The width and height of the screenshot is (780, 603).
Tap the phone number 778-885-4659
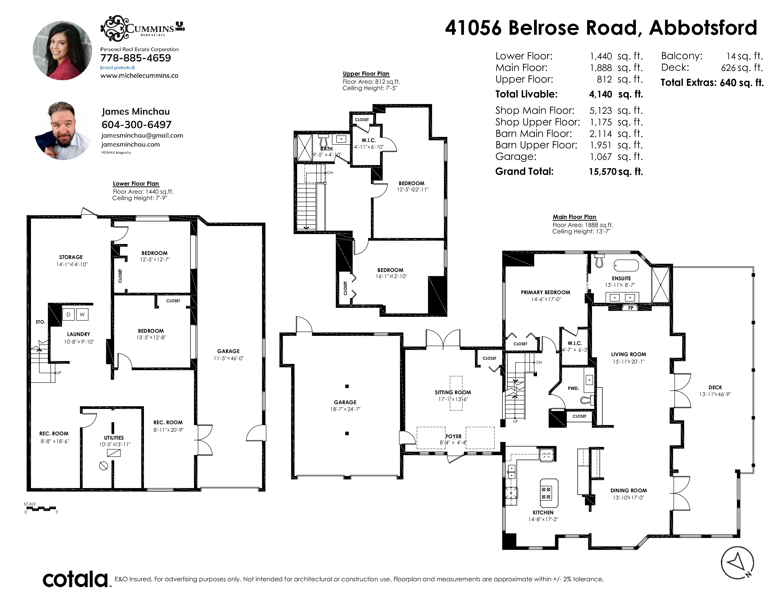(x=136, y=58)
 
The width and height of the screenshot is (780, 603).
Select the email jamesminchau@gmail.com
(x=142, y=135)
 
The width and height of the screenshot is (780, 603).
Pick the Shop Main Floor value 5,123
(x=601, y=111)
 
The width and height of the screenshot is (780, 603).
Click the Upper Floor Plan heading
(x=366, y=74)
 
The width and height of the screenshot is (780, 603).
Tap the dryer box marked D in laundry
(x=68, y=314)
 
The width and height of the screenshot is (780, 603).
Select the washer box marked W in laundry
(x=82, y=314)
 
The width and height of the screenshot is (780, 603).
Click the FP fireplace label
(x=631, y=308)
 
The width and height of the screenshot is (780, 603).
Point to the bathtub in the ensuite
(x=626, y=265)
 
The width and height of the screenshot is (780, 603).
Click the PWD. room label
(x=574, y=388)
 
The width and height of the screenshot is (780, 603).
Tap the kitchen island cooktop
(x=546, y=493)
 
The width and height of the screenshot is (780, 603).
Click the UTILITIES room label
(x=114, y=438)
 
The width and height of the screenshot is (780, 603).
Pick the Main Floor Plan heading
(x=575, y=217)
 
